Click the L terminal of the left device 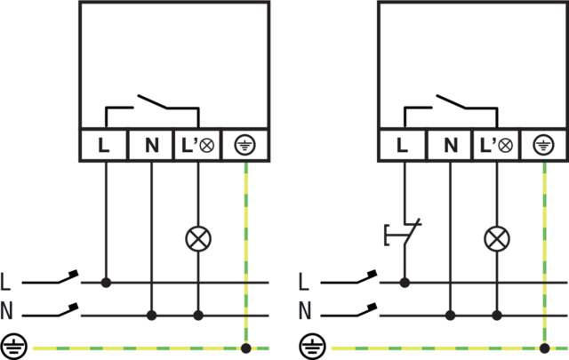point(104,145)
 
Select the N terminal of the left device point(151,145)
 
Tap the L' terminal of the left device point(198,145)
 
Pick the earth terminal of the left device point(245,145)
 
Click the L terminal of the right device point(403,145)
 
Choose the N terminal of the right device point(450,145)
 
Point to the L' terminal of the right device point(497,145)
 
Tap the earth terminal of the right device point(544,145)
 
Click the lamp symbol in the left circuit point(197,238)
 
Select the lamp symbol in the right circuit point(496,238)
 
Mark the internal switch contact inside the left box point(152,103)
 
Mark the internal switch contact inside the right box point(451,103)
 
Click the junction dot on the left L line point(105,284)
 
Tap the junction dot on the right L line point(404,284)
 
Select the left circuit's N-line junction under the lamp point(197,316)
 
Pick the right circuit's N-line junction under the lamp point(496,316)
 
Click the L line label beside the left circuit point(7,284)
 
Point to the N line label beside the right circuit point(305,312)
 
